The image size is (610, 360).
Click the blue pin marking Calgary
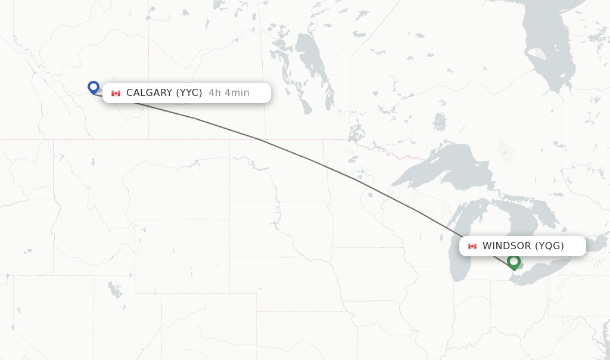pos(93,87)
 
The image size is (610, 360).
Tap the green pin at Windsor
pos(513,261)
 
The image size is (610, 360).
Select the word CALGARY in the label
pos(149,92)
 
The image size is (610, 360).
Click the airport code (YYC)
pos(189,92)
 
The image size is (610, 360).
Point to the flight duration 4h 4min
pos(229,92)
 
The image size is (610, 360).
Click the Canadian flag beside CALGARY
pos(116,93)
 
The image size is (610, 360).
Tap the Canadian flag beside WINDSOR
pos(472,246)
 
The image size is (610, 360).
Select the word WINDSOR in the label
pos(506,246)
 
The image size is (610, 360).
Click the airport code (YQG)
pos(549,246)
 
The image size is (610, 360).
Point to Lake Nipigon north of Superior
pos(440,122)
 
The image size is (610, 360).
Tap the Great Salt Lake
pos(113,290)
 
